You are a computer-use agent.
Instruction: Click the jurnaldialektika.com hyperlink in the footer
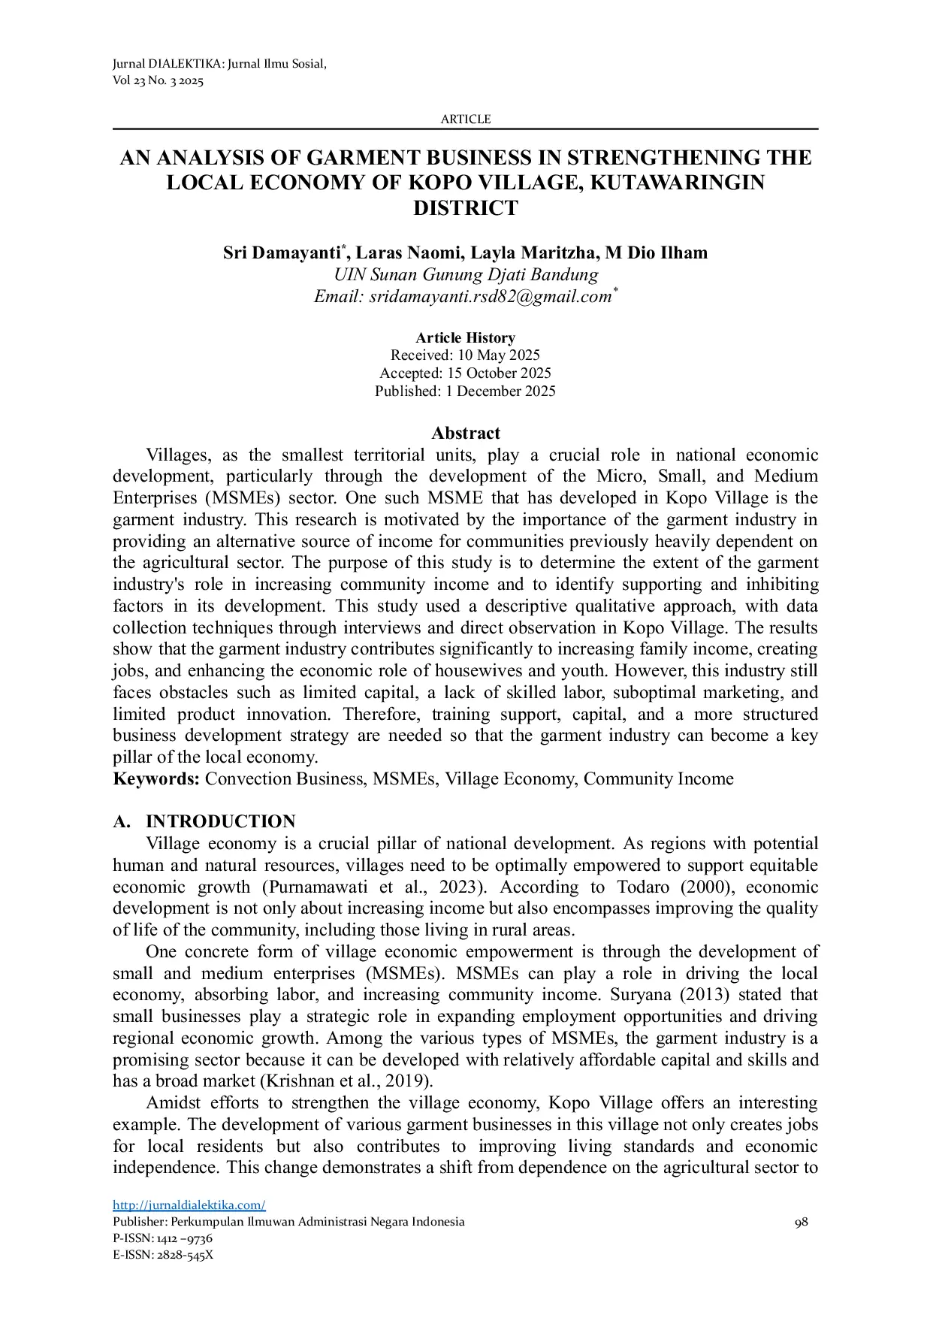pos(189,1205)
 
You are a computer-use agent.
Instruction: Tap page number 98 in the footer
pos(801,1222)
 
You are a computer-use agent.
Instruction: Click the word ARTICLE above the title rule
pos(465,119)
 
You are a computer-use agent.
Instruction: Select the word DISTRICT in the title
pos(465,208)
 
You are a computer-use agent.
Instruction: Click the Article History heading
pos(465,337)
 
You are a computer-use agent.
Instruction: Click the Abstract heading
pos(465,434)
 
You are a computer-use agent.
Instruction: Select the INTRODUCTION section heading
pos(220,821)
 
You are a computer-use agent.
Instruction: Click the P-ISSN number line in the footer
pos(162,1238)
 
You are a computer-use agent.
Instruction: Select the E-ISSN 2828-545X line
pos(162,1254)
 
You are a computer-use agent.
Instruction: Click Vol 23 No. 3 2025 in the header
pos(157,81)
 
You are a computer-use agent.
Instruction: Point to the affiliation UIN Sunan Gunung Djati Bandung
pos(465,274)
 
